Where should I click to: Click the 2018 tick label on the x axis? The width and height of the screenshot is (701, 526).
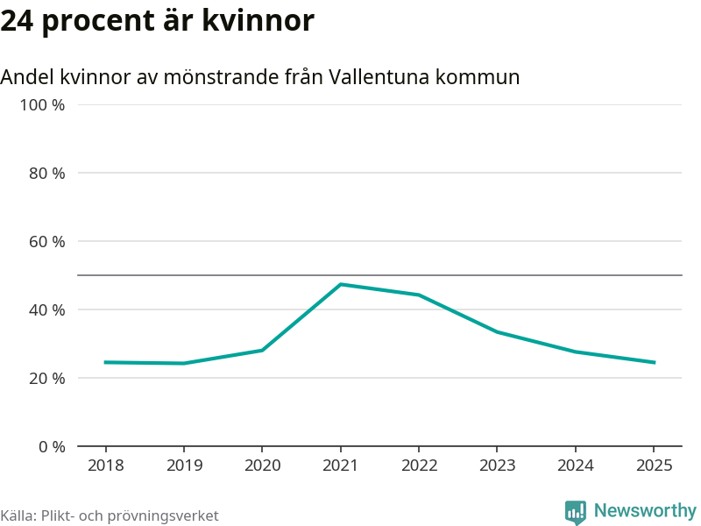click(x=105, y=466)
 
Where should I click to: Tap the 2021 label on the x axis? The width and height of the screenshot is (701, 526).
click(x=340, y=466)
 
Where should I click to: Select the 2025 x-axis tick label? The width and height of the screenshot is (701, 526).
click(x=654, y=466)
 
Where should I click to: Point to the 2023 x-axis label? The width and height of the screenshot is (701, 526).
click(x=497, y=466)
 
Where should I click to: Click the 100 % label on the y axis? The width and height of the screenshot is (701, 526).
click(x=42, y=105)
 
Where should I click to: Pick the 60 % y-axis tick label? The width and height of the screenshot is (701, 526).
click(x=46, y=241)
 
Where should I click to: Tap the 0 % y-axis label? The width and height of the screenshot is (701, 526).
click(x=51, y=446)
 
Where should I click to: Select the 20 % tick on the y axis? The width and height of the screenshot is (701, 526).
click(x=46, y=378)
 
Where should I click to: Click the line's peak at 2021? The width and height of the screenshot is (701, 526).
click(x=340, y=284)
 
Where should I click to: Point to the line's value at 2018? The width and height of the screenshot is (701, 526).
click(x=105, y=362)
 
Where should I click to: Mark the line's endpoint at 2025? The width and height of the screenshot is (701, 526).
click(x=654, y=362)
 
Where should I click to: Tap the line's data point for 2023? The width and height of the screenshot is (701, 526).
click(x=497, y=331)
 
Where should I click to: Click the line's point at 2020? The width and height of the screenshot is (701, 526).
click(x=262, y=350)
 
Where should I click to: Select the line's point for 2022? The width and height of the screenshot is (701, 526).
click(x=419, y=295)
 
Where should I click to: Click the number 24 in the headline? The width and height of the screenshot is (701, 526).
click(x=17, y=21)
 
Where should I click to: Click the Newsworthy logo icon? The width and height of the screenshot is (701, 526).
click(x=575, y=512)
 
